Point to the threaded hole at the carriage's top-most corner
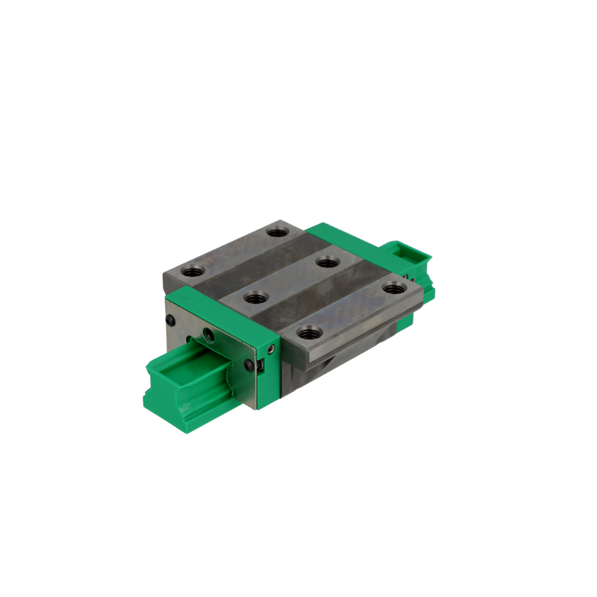[278, 232]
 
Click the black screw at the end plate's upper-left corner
[171, 320]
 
